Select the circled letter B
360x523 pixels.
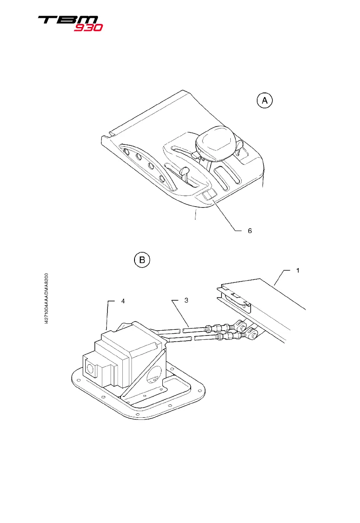point(141,260)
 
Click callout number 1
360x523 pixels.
point(298,270)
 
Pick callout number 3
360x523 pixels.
point(187,301)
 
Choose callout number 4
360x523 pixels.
point(123,301)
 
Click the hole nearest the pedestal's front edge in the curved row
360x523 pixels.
point(161,179)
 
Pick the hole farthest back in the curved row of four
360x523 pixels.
point(126,152)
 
